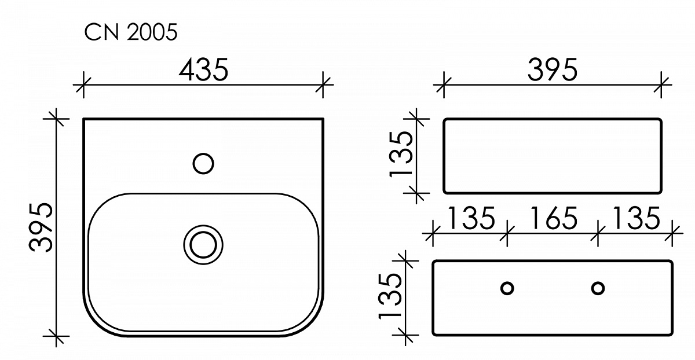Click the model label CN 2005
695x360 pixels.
pyautogui.click(x=131, y=32)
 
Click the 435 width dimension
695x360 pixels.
pyautogui.click(x=203, y=70)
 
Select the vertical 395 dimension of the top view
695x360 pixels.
pyautogui.click(x=41, y=227)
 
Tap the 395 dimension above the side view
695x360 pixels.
pyautogui.click(x=553, y=70)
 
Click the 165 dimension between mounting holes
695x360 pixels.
pyautogui.click(x=553, y=219)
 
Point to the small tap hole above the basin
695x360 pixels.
pyautogui.click(x=203, y=163)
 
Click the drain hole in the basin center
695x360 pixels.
pyautogui.click(x=203, y=245)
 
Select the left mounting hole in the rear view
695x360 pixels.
pyautogui.click(x=507, y=288)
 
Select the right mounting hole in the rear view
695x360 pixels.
pyautogui.click(x=598, y=288)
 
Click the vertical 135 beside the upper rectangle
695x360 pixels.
pyautogui.click(x=401, y=155)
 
